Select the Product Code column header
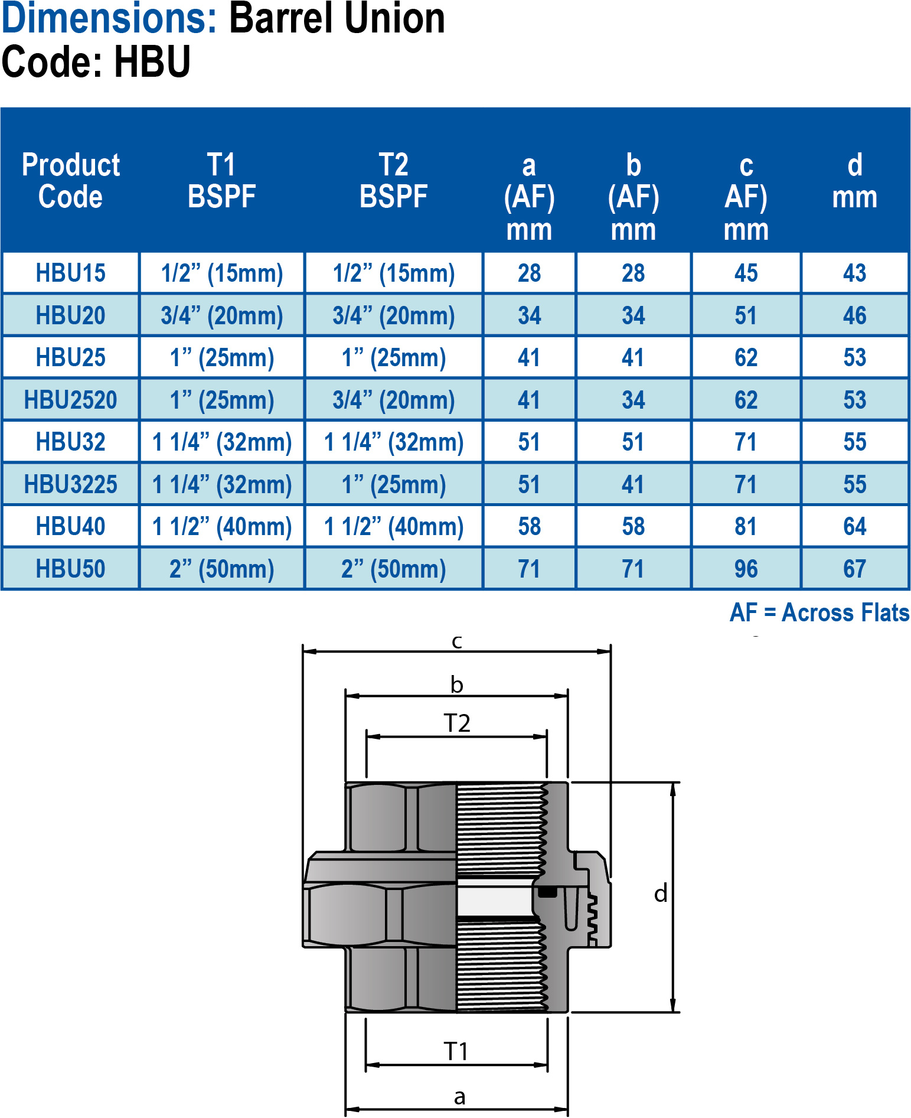pyautogui.click(x=71, y=180)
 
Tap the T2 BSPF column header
pyautogui.click(x=394, y=180)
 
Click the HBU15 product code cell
pyautogui.click(x=71, y=273)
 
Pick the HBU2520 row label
pyautogui.click(x=71, y=400)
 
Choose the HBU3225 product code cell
pyautogui.click(x=71, y=484)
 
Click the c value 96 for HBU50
pyautogui.click(x=746, y=569)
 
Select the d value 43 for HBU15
pyautogui.click(x=855, y=273)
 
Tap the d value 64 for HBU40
pyautogui.click(x=855, y=526)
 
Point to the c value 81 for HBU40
pyautogui.click(x=746, y=526)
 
